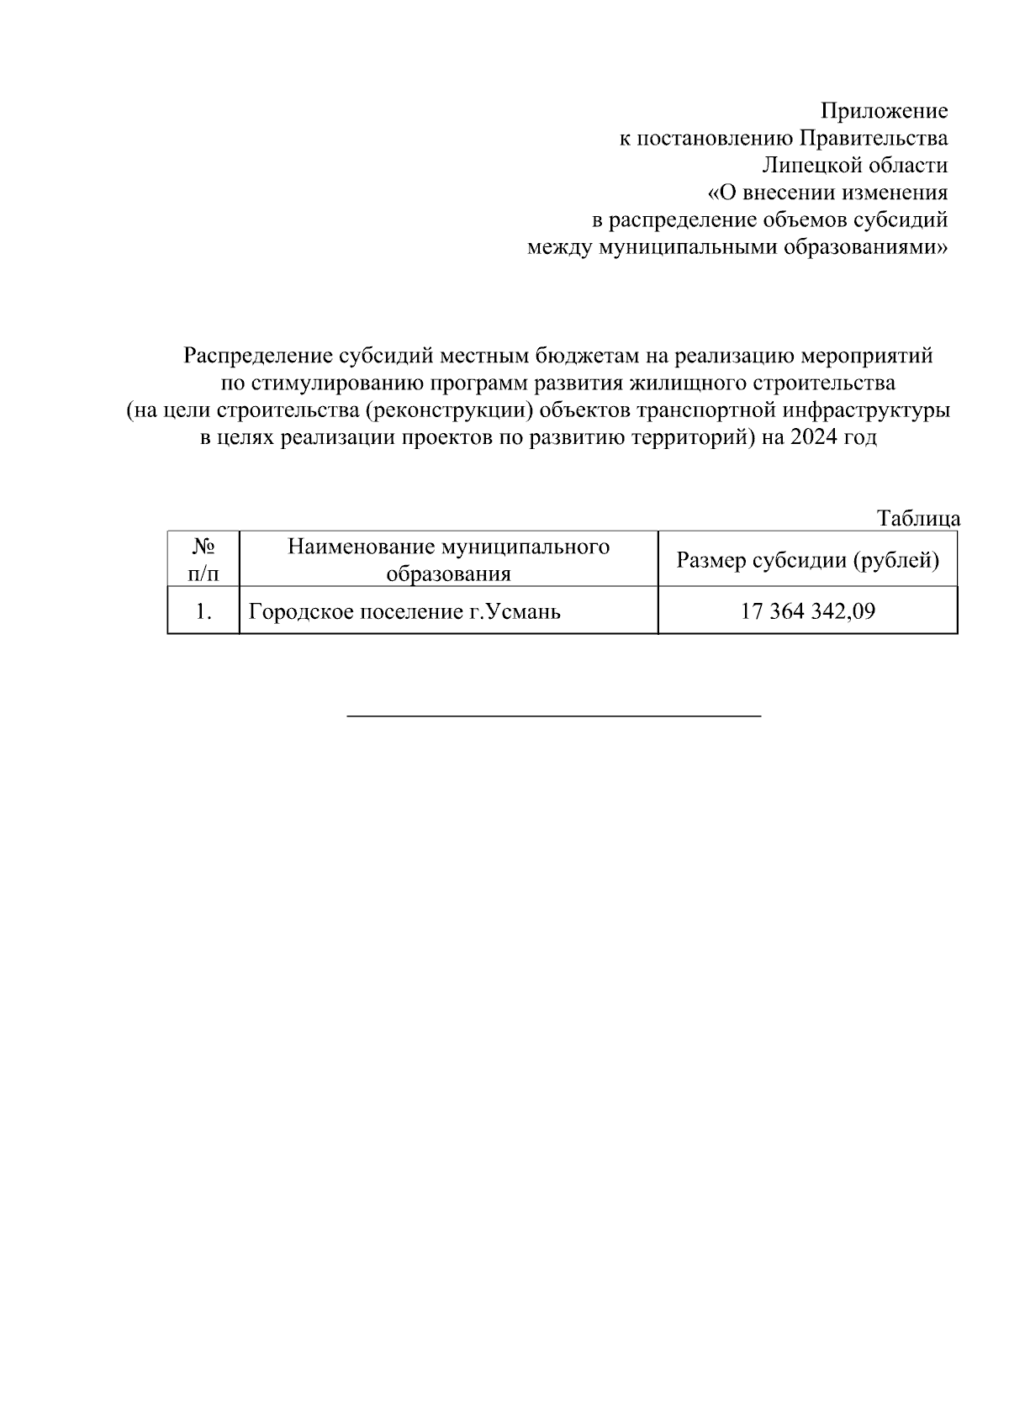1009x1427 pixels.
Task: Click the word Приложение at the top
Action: coord(884,111)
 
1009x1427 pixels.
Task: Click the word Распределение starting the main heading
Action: coord(252,356)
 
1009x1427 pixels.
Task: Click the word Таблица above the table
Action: coord(918,519)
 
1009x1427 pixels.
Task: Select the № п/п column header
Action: coord(203,559)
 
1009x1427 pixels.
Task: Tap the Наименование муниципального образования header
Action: coord(448,559)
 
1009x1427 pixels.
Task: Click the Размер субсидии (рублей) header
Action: coord(807,559)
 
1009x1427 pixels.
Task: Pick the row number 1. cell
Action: coord(203,611)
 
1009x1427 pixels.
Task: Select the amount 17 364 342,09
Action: coord(807,611)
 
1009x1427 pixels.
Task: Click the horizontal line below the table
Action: coord(554,716)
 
